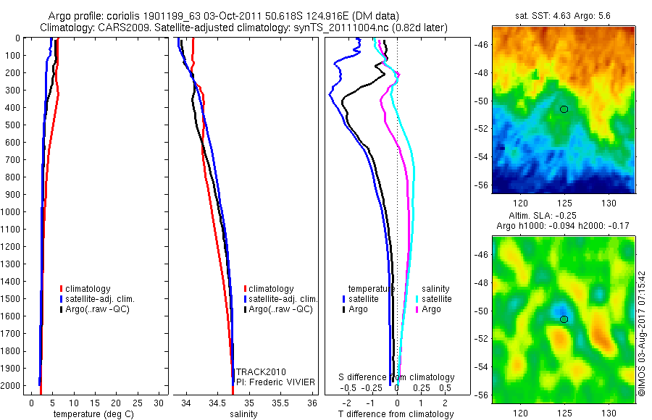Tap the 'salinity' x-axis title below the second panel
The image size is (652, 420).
[x=243, y=414]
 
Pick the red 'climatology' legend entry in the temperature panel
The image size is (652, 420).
[x=91, y=289]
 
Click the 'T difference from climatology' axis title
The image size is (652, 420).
[x=396, y=414]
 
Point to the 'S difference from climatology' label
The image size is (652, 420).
[x=397, y=377]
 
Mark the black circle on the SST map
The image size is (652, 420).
[x=564, y=109]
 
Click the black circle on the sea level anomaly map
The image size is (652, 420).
[x=564, y=319]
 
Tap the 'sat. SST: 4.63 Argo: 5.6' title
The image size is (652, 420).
[x=563, y=14]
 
